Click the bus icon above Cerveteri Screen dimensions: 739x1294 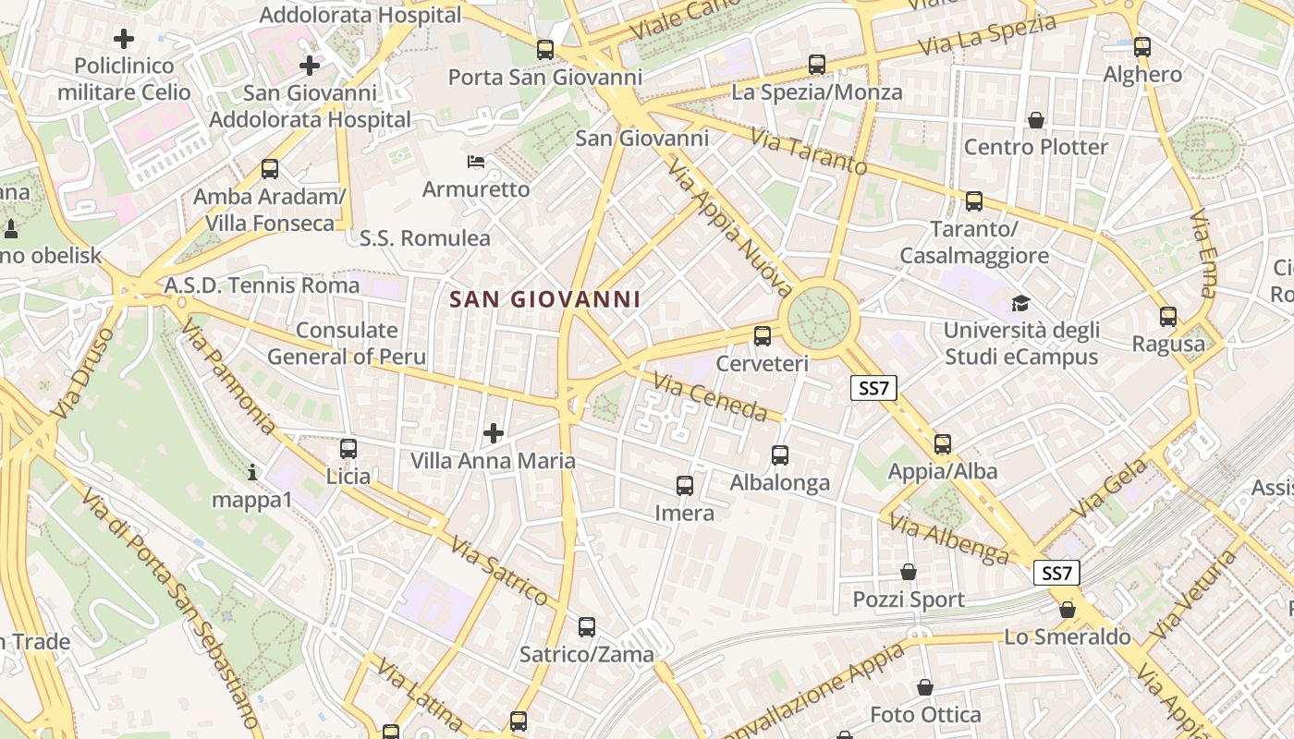(763, 336)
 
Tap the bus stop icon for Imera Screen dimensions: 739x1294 (685, 486)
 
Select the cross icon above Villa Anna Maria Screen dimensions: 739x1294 (494, 432)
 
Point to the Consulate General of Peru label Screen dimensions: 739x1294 (347, 344)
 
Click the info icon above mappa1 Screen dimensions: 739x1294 (252, 473)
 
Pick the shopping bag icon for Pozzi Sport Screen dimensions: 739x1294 (909, 573)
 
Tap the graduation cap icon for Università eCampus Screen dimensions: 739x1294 (1020, 303)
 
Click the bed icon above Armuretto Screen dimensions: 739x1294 (476, 163)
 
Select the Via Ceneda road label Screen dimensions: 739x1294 (710, 396)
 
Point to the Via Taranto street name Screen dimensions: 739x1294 (809, 152)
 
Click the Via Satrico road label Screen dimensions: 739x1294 (499, 572)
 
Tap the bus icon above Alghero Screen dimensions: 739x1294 (1142, 47)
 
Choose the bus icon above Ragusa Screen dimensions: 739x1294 (1168, 317)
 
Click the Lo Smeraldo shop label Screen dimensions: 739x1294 (1068, 637)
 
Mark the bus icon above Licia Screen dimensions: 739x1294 (348, 449)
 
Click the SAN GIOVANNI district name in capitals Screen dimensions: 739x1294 (544, 299)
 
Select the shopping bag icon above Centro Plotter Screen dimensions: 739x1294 (1036, 120)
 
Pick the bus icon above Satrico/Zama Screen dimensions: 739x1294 (587, 627)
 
